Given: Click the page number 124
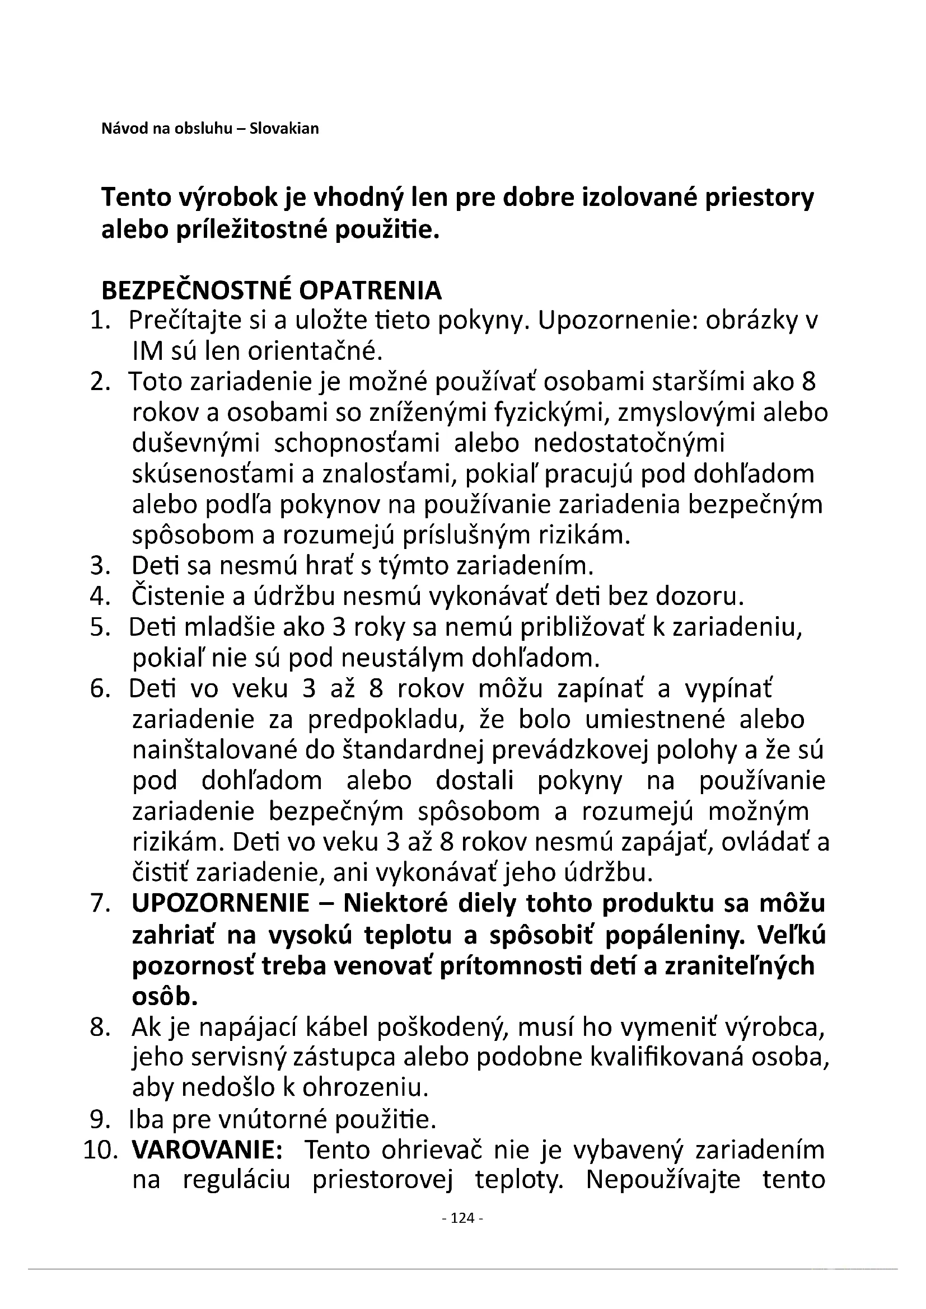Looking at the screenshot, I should point(462,1218).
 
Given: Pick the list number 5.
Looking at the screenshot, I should point(100,628).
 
